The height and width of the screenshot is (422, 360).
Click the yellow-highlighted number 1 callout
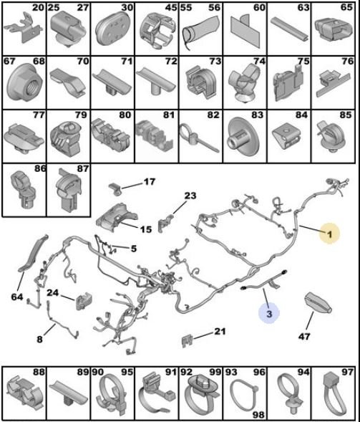[329, 234]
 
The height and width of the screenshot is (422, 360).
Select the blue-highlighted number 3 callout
[269, 313]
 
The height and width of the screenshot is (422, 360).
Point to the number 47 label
[304, 336]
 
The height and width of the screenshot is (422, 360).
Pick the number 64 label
[17, 297]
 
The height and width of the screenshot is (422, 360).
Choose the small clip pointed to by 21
[188, 341]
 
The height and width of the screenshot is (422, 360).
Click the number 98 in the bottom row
[258, 415]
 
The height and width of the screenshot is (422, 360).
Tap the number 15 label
[146, 229]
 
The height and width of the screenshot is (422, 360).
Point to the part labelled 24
[84, 301]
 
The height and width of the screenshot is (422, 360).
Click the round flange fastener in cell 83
[243, 136]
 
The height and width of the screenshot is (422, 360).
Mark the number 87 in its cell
[82, 169]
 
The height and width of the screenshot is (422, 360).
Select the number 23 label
[190, 196]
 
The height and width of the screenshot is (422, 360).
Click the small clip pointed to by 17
[115, 188]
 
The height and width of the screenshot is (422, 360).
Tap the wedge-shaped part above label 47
[318, 303]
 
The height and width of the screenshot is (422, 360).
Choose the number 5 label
[134, 249]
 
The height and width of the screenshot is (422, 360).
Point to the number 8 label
[39, 339]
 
